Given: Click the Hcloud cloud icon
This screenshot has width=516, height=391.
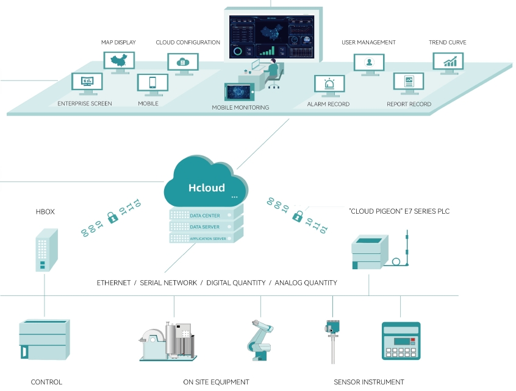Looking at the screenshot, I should pyautogui.click(x=206, y=182).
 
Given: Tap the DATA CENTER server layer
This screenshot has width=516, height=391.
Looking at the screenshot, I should pyautogui.click(x=205, y=216).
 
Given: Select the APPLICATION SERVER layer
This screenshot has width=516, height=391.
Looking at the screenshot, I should pyautogui.click(x=205, y=238).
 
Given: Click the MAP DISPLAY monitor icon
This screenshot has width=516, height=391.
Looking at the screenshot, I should pyautogui.click(x=119, y=61).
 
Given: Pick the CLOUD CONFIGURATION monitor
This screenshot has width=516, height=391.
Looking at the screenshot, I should pyautogui.click(x=182, y=62).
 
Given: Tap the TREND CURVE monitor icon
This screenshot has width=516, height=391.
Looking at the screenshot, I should pyautogui.click(x=448, y=61).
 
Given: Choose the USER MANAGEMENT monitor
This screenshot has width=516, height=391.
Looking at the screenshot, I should pyautogui.click(x=369, y=63).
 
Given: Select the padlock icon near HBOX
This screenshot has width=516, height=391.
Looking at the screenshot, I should pyautogui.click(x=112, y=217).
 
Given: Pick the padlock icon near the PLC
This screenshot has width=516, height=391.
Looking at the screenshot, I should pyautogui.click(x=298, y=216).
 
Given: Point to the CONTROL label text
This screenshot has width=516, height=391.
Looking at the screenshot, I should pyautogui.click(x=46, y=382).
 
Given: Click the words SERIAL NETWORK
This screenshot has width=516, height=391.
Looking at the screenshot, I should pyautogui.click(x=168, y=283).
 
